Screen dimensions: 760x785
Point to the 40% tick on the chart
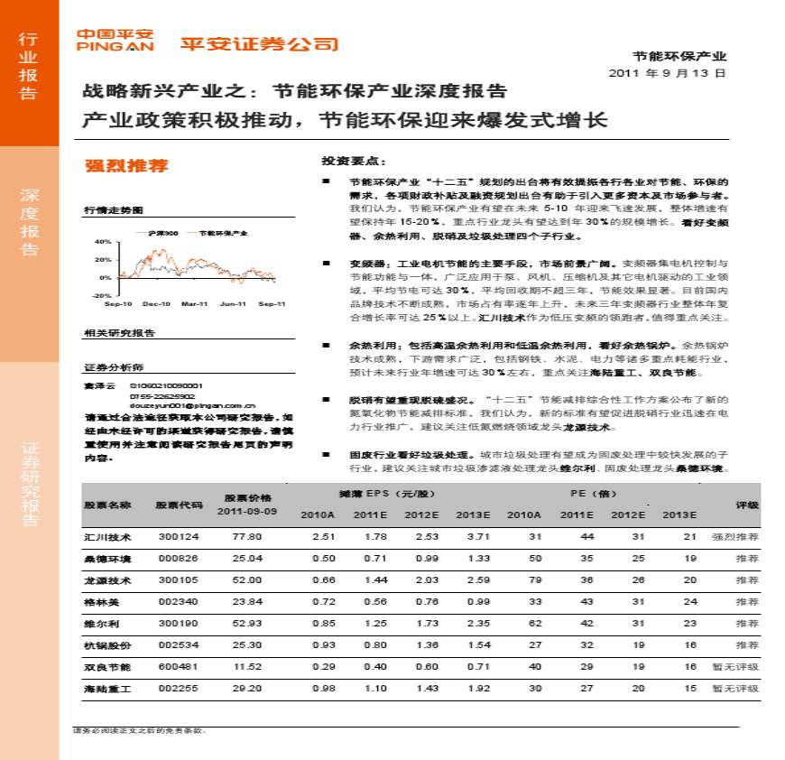point(102,242)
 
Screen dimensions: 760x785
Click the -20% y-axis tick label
point(101,295)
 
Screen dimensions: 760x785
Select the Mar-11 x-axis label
point(194,304)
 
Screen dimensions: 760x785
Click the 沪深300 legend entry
point(163,232)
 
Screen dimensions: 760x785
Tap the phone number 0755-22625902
point(162,396)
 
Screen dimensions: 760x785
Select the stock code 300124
point(171,536)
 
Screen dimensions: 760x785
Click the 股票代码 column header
point(172,505)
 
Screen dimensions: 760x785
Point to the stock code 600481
point(171,667)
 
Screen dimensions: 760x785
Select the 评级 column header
point(746,505)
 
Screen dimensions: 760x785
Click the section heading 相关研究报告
point(119,333)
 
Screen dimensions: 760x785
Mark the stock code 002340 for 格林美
point(171,602)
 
